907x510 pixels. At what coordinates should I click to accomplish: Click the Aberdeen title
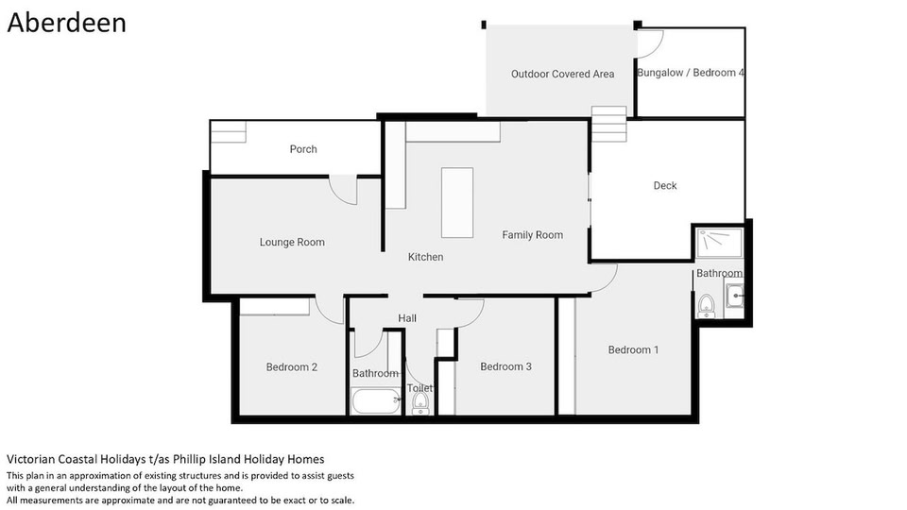(66, 23)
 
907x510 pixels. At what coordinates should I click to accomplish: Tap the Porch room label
(303, 149)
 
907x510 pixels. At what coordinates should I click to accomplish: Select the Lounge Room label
(292, 243)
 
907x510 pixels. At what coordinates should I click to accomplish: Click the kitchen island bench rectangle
(457, 203)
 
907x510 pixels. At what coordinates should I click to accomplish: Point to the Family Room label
(532, 235)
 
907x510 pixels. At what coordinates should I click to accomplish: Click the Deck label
(665, 186)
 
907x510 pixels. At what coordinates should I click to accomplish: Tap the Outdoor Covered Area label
(562, 74)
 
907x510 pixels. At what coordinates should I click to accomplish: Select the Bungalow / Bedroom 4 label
(690, 73)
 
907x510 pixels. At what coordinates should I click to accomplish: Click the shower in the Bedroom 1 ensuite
(720, 243)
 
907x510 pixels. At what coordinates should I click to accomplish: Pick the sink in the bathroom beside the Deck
(734, 296)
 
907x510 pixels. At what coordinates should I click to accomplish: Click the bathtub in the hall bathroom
(376, 400)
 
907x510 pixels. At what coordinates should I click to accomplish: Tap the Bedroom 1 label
(633, 349)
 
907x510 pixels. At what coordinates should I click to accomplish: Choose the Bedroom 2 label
(292, 367)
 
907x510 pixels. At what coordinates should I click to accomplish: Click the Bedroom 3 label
(505, 366)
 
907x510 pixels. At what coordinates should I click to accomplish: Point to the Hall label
(407, 318)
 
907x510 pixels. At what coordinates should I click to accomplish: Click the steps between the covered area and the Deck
(609, 124)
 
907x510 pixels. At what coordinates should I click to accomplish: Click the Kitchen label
(426, 257)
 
